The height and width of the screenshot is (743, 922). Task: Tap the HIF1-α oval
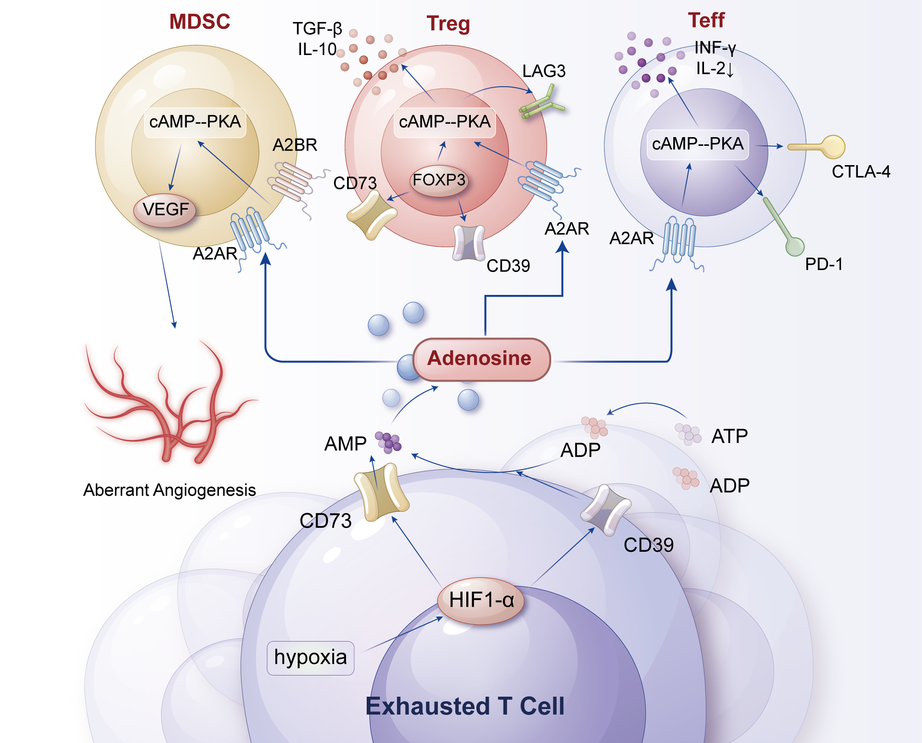coord(481,600)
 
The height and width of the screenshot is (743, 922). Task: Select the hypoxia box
coord(310,658)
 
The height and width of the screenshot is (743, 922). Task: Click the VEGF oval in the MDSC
coord(165,210)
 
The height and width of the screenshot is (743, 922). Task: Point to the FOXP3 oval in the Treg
coord(439,180)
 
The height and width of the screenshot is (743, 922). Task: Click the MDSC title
coord(200,22)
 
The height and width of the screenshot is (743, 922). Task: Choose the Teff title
coord(706,21)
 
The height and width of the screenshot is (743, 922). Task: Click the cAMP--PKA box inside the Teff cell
coord(697,144)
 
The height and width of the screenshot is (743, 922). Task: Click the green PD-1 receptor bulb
coord(794,246)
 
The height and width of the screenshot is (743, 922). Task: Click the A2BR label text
coord(295,145)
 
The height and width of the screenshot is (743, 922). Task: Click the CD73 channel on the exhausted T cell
coord(381,493)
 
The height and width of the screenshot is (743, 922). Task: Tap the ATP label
coord(729,436)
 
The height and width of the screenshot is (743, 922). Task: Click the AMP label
coord(345,444)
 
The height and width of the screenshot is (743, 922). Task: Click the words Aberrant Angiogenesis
coord(169,490)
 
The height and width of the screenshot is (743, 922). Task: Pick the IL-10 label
coord(317,50)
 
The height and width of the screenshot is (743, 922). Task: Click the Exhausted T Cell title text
coord(464,706)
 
